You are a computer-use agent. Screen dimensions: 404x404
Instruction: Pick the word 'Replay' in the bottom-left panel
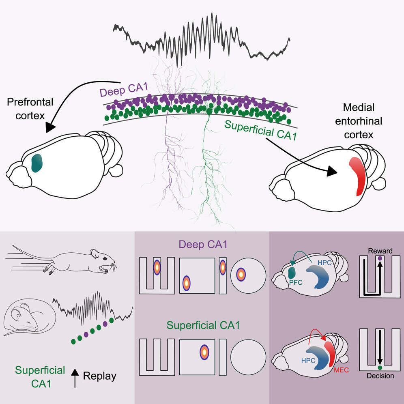[x=99, y=376]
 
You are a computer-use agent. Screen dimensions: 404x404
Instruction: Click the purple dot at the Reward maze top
[x=380, y=258]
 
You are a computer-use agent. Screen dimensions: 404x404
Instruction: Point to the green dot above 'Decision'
[x=380, y=367]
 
